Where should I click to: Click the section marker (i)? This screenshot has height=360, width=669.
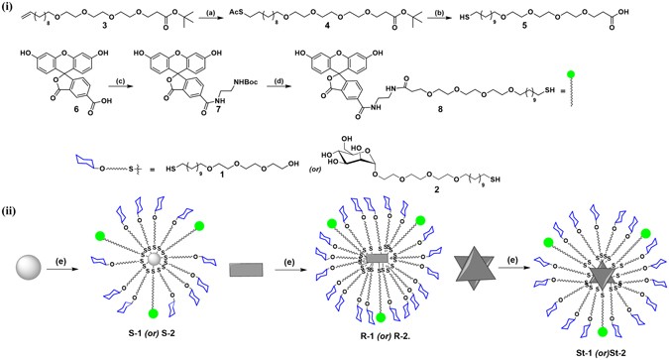pyautogui.click(x=9, y=9)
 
